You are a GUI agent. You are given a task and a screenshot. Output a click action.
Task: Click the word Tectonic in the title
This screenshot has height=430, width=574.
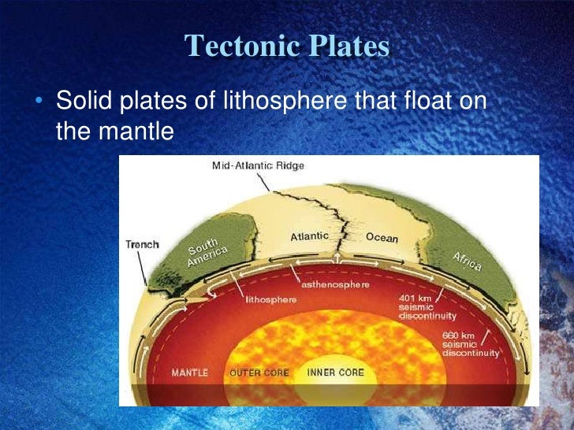tap(234, 46)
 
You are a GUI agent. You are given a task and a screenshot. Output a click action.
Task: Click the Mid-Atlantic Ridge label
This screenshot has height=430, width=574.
tap(258, 166)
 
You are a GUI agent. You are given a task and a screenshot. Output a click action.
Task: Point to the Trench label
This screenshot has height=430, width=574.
tap(142, 244)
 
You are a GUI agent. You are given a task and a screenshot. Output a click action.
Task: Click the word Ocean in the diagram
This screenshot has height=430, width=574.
tap(382, 238)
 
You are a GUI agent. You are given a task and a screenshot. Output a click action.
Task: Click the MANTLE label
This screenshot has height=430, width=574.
tap(188, 372)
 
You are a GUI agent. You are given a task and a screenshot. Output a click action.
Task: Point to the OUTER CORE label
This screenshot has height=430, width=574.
tap(259, 372)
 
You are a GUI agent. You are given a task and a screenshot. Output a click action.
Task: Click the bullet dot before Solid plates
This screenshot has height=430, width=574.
tap(39, 102)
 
